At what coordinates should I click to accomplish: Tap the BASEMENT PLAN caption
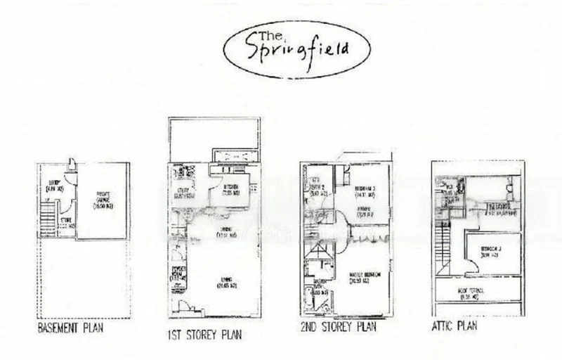pos(70,328)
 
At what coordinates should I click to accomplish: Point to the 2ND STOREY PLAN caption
pos(337,327)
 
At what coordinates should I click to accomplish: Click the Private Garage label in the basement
pos(103,199)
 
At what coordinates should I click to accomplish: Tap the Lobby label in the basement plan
pos(53,187)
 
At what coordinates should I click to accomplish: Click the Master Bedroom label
pos(364,278)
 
